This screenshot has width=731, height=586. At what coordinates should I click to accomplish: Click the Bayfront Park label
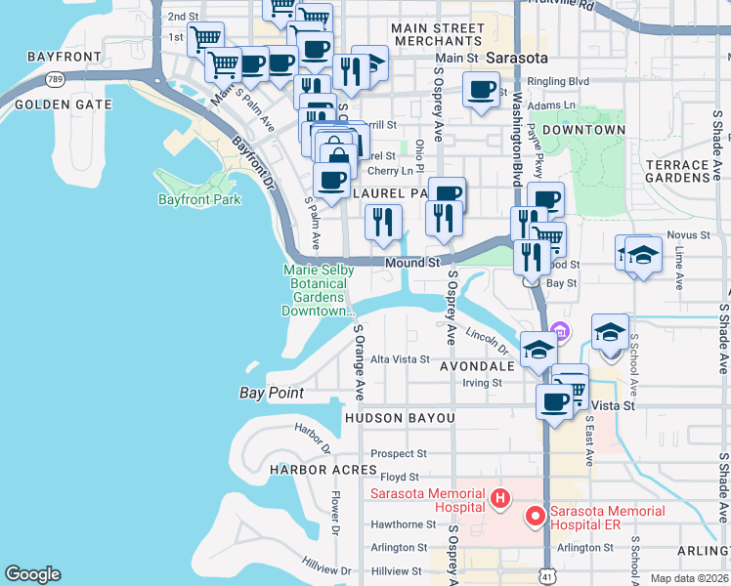(x=199, y=200)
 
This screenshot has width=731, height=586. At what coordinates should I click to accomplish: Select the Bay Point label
(x=272, y=393)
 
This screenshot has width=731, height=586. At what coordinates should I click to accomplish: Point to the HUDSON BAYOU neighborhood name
(x=400, y=418)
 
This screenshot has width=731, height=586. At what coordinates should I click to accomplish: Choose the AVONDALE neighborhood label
(x=477, y=366)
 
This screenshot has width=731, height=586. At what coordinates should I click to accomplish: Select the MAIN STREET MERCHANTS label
(x=437, y=35)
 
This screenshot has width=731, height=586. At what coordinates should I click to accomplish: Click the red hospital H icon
(x=500, y=500)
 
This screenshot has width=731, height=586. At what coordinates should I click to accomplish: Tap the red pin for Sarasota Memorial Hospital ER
(x=535, y=515)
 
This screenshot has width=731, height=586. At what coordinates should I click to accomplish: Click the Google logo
(x=32, y=574)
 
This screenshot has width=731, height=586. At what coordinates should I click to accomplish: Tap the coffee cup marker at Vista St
(x=554, y=400)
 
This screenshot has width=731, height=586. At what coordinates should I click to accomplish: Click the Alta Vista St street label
(x=400, y=359)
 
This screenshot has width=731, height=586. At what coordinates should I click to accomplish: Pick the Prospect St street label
(x=399, y=453)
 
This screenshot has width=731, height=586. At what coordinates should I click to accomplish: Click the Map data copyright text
(x=689, y=578)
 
